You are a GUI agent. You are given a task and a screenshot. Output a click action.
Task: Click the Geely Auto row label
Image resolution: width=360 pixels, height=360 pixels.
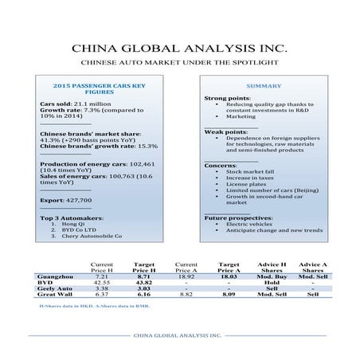56,288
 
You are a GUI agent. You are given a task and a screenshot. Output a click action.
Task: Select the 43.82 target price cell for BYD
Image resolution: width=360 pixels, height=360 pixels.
144,282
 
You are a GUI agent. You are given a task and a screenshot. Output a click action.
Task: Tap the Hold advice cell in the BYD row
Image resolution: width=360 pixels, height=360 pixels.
272,282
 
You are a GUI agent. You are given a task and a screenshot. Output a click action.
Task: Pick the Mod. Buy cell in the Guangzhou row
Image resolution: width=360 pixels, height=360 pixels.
272,276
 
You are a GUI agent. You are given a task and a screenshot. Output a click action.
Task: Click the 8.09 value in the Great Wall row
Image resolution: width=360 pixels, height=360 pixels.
229,295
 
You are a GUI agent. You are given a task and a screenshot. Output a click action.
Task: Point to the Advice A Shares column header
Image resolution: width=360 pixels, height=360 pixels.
312,266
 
